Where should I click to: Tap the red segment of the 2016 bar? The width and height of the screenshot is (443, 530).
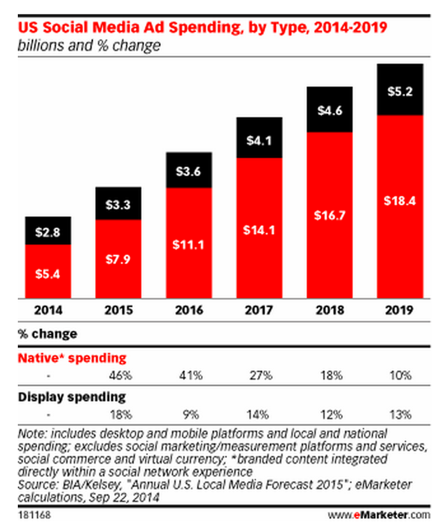pos(189,242)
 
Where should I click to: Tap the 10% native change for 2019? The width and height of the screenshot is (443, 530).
pos(400,375)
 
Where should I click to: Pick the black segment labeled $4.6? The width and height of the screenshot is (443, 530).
pos(330,110)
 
